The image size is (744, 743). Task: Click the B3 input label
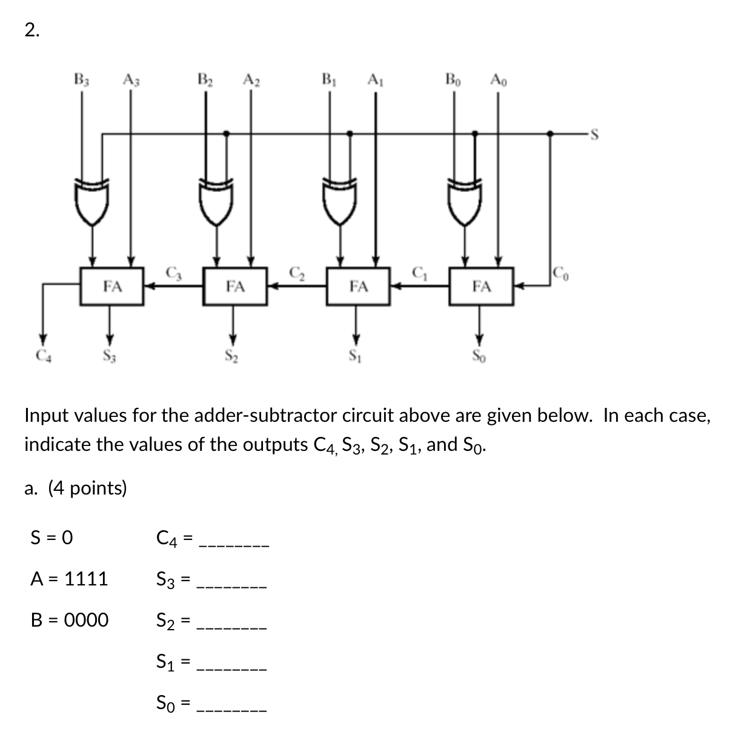[81, 79]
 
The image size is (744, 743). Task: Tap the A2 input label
[250, 79]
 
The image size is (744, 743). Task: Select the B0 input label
[453, 79]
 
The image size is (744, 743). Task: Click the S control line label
[594, 135]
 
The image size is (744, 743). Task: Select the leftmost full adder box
[112, 285]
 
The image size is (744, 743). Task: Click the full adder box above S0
[482, 285]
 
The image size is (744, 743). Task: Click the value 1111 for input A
[85, 579]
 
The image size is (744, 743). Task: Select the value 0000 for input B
[86, 620]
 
